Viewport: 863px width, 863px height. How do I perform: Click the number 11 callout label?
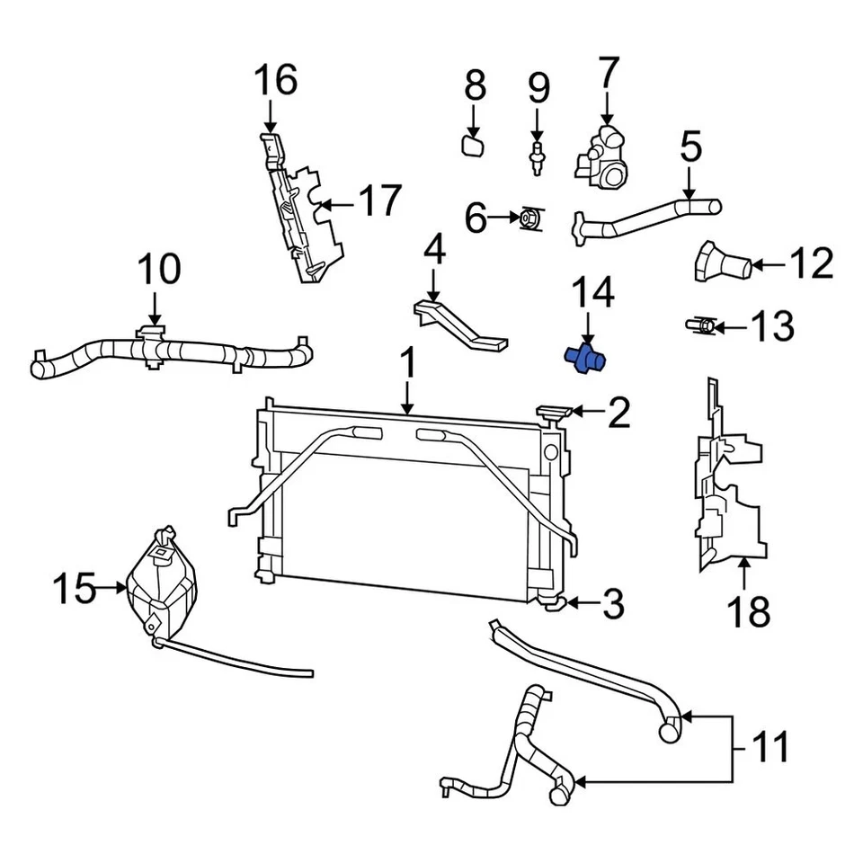pos(770,747)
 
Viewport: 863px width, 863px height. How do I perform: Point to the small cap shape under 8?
pos(473,145)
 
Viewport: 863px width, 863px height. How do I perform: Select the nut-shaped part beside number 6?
pos(530,218)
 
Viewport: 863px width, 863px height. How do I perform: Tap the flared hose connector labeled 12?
pos(721,262)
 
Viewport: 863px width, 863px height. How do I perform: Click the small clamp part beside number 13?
pos(703,325)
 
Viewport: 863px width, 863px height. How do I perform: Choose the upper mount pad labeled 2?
pos(556,413)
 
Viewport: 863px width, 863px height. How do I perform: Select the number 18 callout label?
pos(748,611)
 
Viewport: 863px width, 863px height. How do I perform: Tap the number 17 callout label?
pos(378,200)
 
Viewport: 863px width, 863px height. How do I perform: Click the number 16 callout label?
pos(275,80)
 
